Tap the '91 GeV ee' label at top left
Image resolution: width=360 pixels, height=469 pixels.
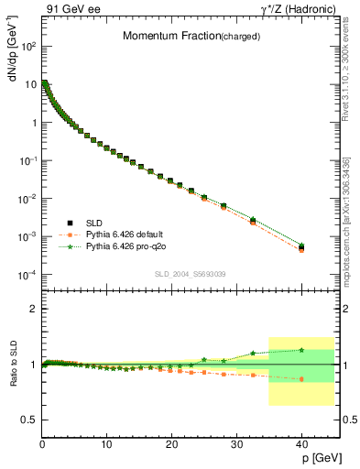(72, 10)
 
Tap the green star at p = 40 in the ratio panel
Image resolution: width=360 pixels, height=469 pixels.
(301, 350)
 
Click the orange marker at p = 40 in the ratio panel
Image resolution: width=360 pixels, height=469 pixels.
(301, 378)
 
